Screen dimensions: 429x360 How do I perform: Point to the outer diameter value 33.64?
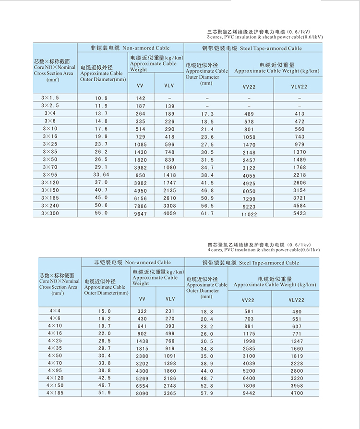pos(101,174)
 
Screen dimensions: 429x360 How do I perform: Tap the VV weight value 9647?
pos(140,213)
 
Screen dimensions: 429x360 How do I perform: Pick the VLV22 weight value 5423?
pos(299,213)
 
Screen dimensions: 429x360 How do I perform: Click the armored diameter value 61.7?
pos(207,213)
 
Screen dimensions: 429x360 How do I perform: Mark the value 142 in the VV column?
pos(140,98)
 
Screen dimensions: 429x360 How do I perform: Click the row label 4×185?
pos(55,392)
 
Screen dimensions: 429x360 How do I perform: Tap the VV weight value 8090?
pos(142,393)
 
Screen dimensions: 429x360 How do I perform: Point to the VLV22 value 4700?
pos(297,393)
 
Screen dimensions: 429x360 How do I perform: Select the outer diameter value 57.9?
pos(207,393)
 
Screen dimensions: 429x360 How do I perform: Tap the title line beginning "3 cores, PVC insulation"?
pos(264,37)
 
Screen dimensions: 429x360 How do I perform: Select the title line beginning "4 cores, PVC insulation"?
pos(264,250)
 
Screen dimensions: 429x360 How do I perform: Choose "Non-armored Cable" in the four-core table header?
pos(148,263)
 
